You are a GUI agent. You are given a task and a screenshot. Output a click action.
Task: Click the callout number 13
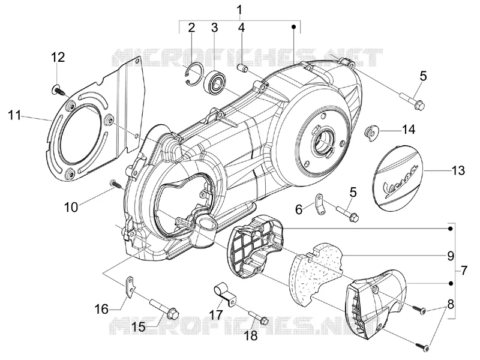click(x=458, y=170)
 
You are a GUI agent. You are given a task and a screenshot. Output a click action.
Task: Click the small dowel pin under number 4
click(x=242, y=68)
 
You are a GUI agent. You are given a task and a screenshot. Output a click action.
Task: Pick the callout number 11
click(x=14, y=115)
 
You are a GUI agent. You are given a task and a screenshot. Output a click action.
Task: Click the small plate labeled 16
click(x=130, y=287)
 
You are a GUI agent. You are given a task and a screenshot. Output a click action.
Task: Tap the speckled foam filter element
click(x=316, y=277)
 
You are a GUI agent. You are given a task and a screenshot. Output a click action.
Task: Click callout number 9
click(x=450, y=256)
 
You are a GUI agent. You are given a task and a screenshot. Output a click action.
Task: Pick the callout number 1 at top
click(x=239, y=10)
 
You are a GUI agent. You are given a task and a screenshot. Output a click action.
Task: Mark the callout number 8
click(x=451, y=304)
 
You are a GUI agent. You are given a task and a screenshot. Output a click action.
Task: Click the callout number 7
click(x=464, y=271)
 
